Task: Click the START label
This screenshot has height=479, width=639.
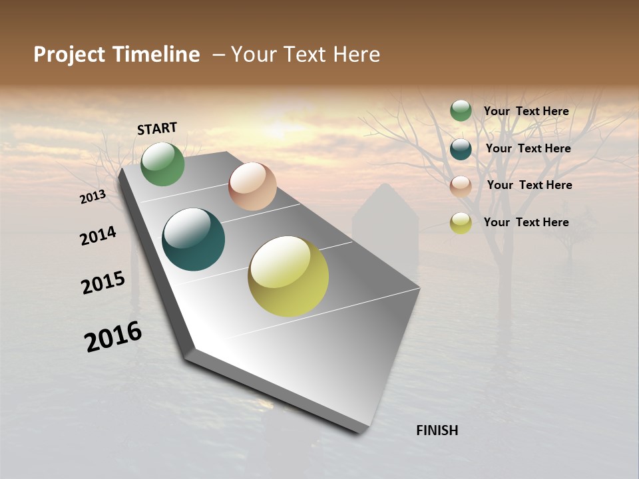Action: [x=157, y=128]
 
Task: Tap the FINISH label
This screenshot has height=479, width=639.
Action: [x=437, y=430]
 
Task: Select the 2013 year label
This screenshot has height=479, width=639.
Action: [x=93, y=196]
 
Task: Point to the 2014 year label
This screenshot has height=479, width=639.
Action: [x=98, y=236]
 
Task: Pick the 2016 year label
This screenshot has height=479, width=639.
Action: [x=113, y=337]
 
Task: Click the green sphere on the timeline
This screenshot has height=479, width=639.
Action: [x=163, y=164]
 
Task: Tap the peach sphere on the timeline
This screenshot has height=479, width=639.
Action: [x=252, y=186]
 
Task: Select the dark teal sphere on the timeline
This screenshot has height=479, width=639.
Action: [x=194, y=239]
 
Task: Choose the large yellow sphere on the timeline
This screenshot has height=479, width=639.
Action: [x=288, y=275]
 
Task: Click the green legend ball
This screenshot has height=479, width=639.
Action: [x=461, y=111]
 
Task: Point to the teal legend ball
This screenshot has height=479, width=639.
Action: [x=461, y=149]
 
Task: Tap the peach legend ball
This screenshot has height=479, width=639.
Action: [x=461, y=186]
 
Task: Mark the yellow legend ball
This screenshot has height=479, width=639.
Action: [x=461, y=223]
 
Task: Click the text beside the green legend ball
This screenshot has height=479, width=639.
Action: [x=526, y=111]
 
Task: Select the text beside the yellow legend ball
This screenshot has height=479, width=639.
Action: [x=526, y=222]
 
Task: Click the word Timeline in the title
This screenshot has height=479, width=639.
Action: [x=156, y=55]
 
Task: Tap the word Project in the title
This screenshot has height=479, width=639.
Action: [x=69, y=55]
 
